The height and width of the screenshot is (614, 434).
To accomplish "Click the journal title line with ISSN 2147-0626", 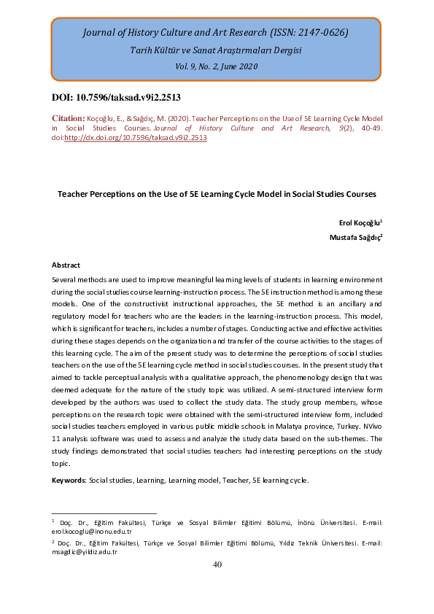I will [216, 33].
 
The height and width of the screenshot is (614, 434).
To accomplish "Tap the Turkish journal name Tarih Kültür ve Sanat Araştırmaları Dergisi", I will [216, 50].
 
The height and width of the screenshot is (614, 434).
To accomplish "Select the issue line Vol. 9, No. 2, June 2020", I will [216, 66].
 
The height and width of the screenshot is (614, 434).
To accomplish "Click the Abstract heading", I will [66, 265].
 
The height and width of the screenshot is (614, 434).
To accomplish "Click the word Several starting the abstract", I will [65, 280].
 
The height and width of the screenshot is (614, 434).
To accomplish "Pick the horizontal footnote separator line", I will [104, 513].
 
